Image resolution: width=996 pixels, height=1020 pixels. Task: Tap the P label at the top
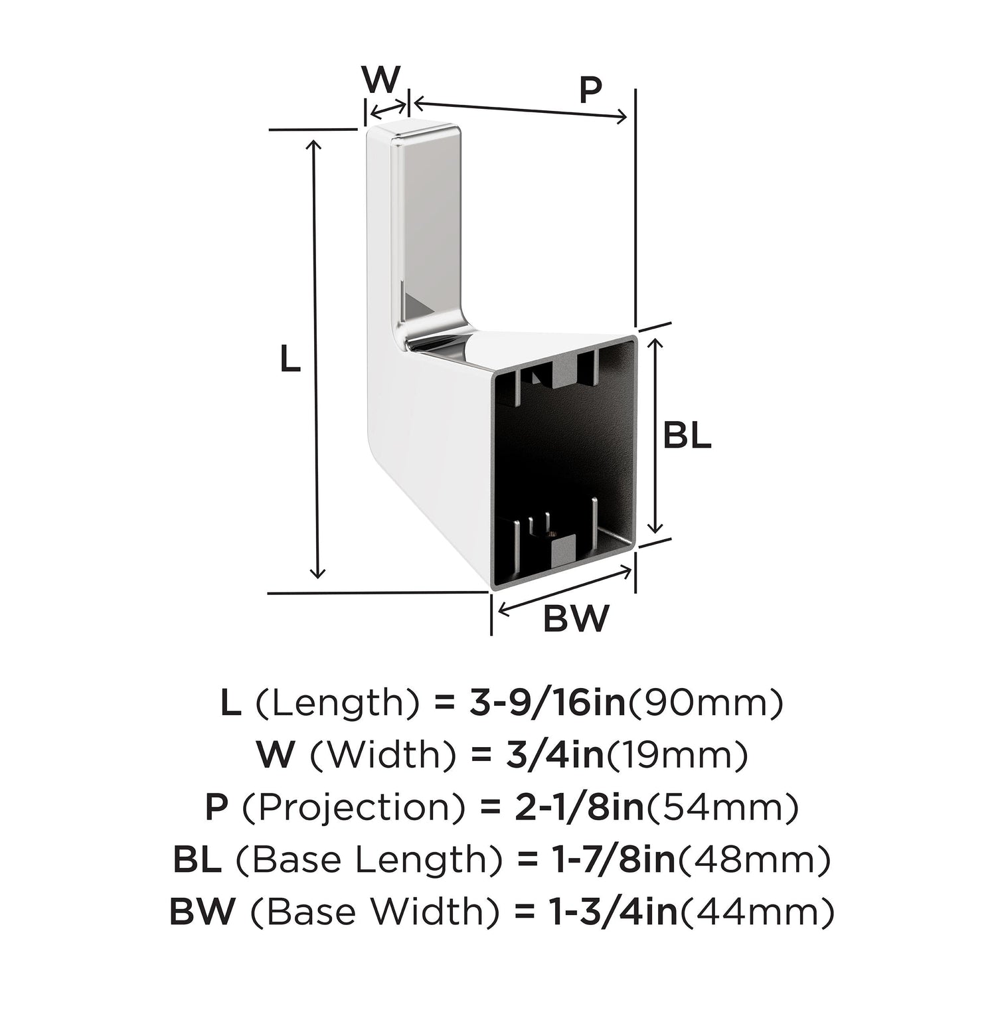pyautogui.click(x=590, y=90)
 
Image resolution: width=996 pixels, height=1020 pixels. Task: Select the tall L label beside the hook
pyautogui.click(x=290, y=360)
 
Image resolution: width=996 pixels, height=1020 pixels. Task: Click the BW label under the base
pyautogui.click(x=576, y=619)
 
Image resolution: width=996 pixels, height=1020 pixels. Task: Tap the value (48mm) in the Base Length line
pyautogui.click(x=753, y=860)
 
